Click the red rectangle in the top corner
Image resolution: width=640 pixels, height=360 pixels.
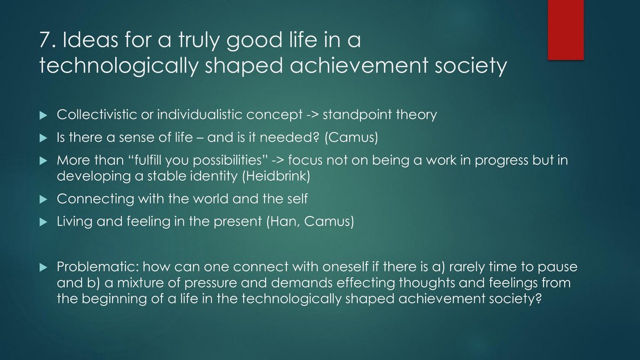pyautogui.click(x=566, y=30)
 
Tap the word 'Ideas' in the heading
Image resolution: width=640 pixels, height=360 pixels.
pyautogui.click(x=90, y=39)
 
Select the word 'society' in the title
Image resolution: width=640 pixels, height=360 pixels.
pyautogui.click(x=470, y=66)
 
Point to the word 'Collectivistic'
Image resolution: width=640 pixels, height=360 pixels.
pyautogui.click(x=97, y=114)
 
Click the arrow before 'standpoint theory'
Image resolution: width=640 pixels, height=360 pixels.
pyautogui.click(x=312, y=115)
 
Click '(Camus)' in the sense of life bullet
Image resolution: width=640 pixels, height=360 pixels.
pyautogui.click(x=351, y=138)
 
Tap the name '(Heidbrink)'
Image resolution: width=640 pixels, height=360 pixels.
pyautogui.click(x=276, y=175)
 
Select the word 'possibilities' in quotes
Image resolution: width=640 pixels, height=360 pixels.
pyautogui.click(x=227, y=161)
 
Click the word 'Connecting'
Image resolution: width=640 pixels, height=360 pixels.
pyautogui.click(x=95, y=199)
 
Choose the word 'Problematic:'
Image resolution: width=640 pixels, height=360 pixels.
pyautogui.click(x=98, y=267)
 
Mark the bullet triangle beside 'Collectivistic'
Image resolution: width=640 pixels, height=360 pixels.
pyautogui.click(x=43, y=115)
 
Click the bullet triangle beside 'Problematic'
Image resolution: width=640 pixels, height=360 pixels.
pyautogui.click(x=43, y=267)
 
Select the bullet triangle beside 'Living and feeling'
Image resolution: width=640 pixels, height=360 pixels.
pyautogui.click(x=43, y=222)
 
